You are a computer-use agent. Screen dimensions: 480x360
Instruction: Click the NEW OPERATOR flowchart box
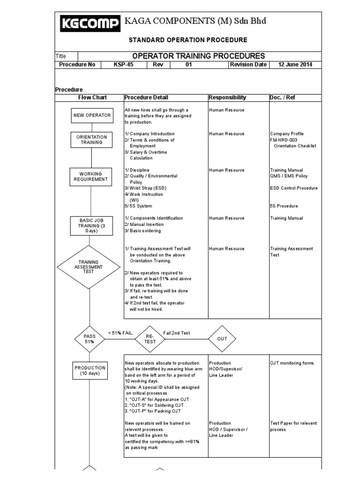92,115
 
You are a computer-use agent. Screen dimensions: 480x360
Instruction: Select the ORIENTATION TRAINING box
92,140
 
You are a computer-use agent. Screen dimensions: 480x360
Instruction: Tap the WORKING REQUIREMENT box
91,176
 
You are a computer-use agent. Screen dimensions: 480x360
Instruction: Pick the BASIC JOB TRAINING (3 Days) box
92,225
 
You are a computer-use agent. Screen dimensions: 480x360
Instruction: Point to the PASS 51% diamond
89,339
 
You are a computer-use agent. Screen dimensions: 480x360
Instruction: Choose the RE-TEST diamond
150,339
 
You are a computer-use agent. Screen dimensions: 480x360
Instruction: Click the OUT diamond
222,338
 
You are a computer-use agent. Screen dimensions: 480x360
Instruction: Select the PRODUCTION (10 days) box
90,370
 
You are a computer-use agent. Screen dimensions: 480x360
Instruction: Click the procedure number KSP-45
123,65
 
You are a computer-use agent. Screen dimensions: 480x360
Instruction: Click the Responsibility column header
227,97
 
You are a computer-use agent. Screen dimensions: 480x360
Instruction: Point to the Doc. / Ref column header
283,97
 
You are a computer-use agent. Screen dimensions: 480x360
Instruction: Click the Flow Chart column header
92,97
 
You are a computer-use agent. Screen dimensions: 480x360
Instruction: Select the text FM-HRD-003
284,140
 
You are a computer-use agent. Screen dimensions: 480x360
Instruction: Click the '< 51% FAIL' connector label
120,332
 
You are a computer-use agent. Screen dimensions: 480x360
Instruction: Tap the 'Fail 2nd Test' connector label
177,332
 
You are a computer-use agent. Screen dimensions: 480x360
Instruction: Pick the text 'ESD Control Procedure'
294,188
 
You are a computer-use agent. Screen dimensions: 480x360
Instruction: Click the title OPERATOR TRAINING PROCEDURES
199,56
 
